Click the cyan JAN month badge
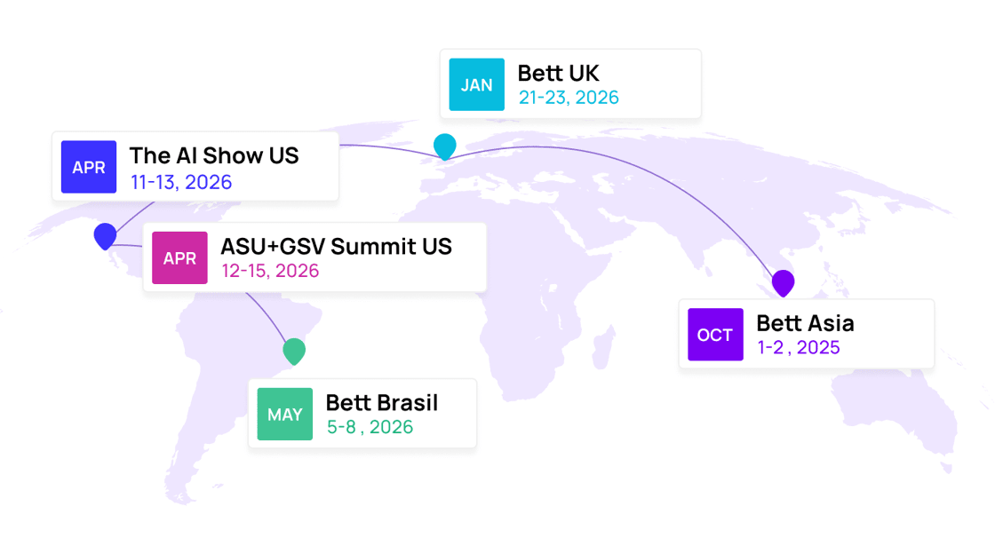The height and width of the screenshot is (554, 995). (x=476, y=85)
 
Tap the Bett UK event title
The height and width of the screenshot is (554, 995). (x=558, y=73)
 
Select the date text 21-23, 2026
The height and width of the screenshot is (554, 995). (x=569, y=98)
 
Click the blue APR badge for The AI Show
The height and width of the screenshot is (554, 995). (x=89, y=167)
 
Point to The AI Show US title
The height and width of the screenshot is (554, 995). (x=214, y=155)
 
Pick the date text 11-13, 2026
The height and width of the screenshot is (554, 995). (x=181, y=183)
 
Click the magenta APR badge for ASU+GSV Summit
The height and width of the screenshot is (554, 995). (x=179, y=257)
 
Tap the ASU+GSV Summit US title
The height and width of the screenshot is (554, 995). (x=336, y=246)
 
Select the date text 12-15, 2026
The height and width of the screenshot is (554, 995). (x=270, y=271)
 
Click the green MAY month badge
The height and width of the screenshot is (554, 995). (x=285, y=414)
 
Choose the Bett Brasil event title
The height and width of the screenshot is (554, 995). (x=382, y=403)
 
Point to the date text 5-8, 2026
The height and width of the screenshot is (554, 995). (x=370, y=427)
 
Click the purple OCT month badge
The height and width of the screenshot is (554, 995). (x=715, y=335)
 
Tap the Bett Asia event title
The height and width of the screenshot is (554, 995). (x=805, y=323)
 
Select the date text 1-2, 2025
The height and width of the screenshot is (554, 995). (x=798, y=347)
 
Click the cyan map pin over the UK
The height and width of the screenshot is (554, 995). (x=444, y=146)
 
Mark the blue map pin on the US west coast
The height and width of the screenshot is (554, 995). (x=105, y=235)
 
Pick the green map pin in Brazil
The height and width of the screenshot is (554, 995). (x=294, y=351)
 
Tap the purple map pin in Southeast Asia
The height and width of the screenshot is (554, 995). (x=783, y=282)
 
